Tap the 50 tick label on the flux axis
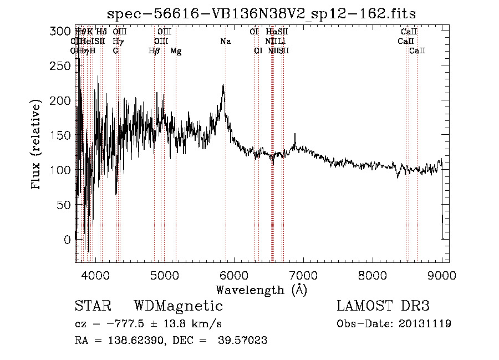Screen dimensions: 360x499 [65, 205]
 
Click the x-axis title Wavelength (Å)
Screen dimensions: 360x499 [261, 290]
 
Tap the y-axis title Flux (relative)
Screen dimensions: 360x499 [37, 146]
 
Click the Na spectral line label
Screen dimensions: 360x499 [225, 42]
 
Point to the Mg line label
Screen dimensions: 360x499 [176, 51]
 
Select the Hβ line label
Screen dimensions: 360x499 [154, 51]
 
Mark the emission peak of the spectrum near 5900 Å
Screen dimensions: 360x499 [223, 85]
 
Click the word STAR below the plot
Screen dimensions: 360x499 [93, 306]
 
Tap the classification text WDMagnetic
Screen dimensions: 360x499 [178, 306]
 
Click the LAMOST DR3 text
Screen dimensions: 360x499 [383, 306]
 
